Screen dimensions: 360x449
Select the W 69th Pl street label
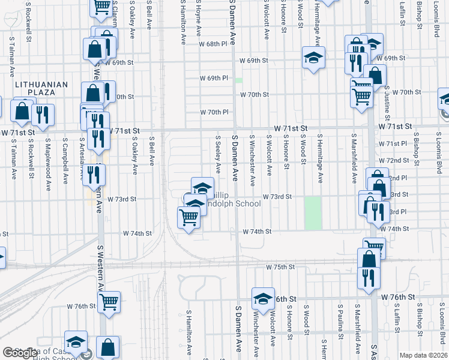214,78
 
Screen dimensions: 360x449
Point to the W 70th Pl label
214,112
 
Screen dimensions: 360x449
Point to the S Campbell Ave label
64,157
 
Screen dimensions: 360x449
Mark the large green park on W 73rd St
313,213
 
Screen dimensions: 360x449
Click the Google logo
20,353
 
